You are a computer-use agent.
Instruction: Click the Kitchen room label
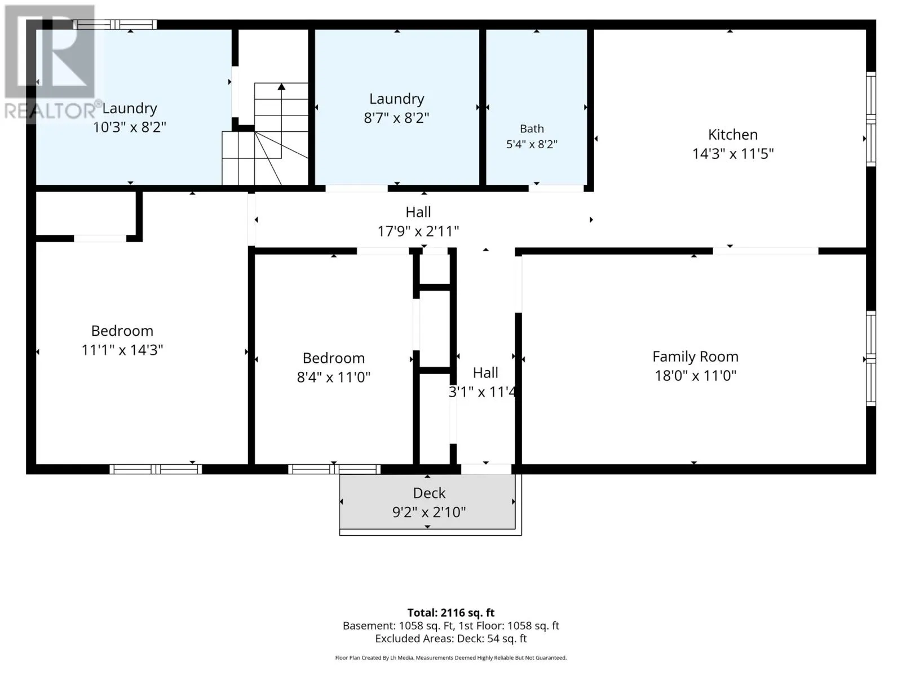[733, 135]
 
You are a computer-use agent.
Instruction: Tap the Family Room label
[695, 357]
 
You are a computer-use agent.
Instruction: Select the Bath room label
[532, 129]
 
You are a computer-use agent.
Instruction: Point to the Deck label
[429, 493]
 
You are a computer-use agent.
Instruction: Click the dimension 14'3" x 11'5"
[733, 154]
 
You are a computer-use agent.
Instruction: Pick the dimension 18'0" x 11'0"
[695, 376]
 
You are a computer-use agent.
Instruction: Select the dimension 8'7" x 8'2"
[396, 118]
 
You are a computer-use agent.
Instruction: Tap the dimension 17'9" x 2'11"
[418, 232]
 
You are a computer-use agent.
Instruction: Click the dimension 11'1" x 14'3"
[122, 350]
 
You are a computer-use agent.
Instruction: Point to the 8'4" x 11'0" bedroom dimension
[333, 377]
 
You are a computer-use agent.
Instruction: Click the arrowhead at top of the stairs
[281, 87]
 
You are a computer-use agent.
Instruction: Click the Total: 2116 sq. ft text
[451, 613]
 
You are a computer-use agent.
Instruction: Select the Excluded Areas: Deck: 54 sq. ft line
[451, 639]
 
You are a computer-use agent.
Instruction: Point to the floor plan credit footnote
[451, 658]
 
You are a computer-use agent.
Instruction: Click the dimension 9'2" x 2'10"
[429, 512]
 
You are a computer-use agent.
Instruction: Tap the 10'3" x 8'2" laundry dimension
[129, 128]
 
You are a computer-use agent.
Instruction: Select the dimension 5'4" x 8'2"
[532, 144]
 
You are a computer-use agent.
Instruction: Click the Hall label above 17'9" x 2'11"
[418, 212]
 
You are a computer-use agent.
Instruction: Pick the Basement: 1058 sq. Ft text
[398, 626]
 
